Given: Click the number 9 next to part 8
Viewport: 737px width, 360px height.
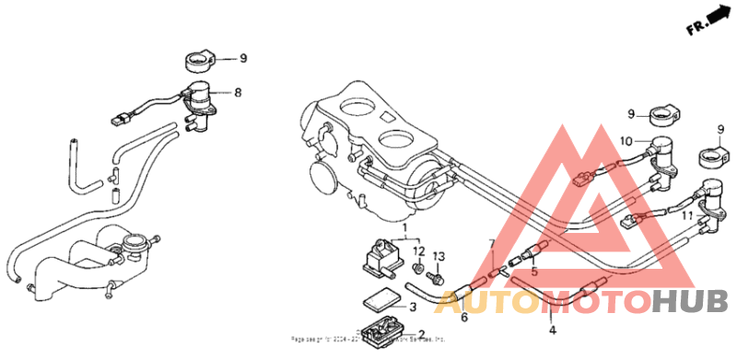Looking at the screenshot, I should (244, 58).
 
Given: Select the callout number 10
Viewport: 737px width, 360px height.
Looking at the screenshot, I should (626, 141).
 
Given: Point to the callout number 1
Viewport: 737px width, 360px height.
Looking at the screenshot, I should (404, 226).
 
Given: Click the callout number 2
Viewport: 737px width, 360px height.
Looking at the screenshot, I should (422, 334).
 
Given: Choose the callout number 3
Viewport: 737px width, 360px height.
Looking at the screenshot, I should (414, 307).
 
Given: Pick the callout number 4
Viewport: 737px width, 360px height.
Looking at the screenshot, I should (552, 330).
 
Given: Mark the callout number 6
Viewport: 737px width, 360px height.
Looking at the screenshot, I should (463, 318).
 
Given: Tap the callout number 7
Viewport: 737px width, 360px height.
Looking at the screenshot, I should (492, 245).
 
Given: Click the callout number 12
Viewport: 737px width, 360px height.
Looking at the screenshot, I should (418, 251).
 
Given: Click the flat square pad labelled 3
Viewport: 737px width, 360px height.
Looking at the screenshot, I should (380, 301).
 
